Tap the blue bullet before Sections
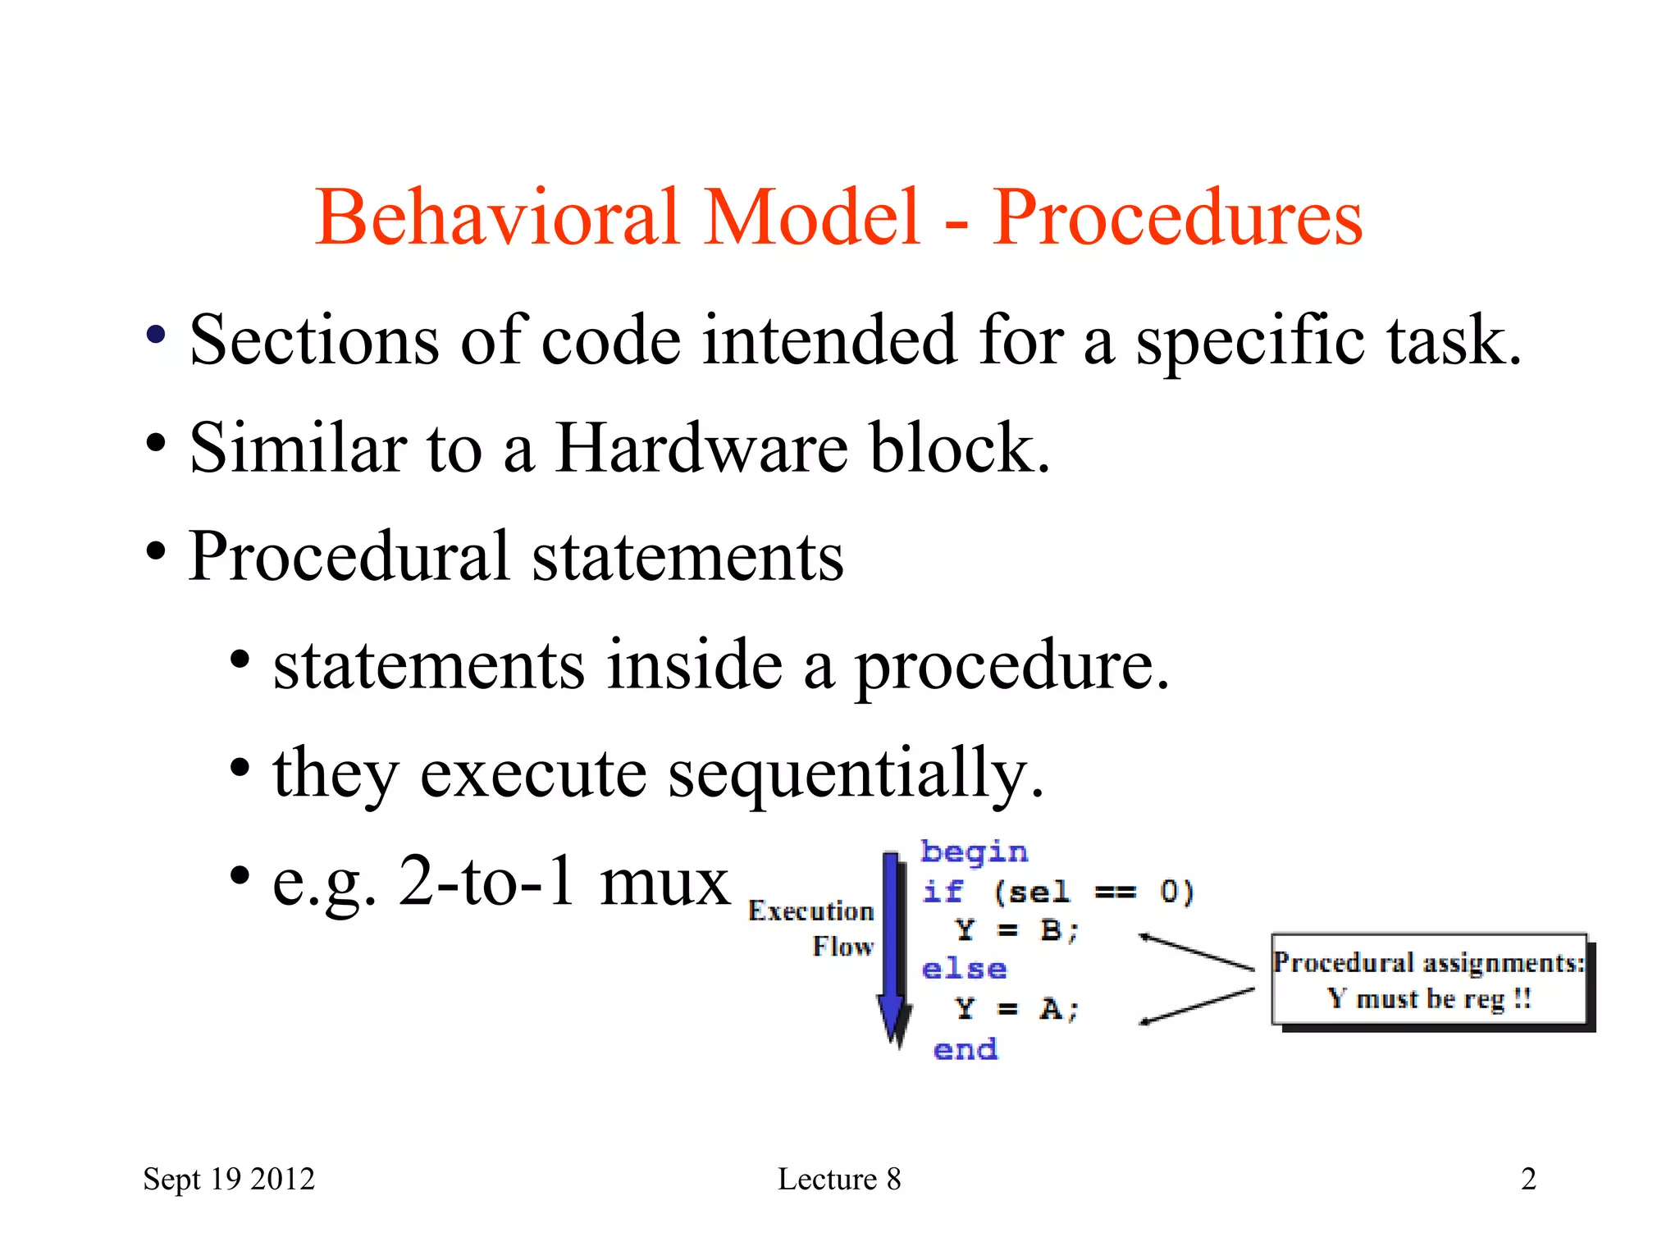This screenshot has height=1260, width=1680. pyautogui.click(x=156, y=335)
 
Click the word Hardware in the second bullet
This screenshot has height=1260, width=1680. pyautogui.click(x=701, y=448)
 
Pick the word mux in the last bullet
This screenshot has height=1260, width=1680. pyautogui.click(x=664, y=881)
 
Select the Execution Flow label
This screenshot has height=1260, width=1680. pyautogui.click(x=812, y=928)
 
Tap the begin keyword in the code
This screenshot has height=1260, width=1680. pyautogui.click(x=974, y=852)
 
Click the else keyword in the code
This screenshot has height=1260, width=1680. pyautogui.click(x=964, y=969)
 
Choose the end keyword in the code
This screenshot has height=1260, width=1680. pyautogui.click(x=966, y=1049)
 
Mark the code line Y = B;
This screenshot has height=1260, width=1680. pyautogui.click(x=1016, y=930)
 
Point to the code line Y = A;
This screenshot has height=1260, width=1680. pyautogui.click(x=1016, y=1008)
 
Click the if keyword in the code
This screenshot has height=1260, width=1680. pyautogui.click(x=943, y=892)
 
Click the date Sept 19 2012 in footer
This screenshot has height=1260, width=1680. pyautogui.click(x=229, y=1179)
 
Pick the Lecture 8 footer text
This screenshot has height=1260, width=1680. pyautogui.click(x=839, y=1179)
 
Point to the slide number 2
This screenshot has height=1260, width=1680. pyautogui.click(x=1528, y=1179)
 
